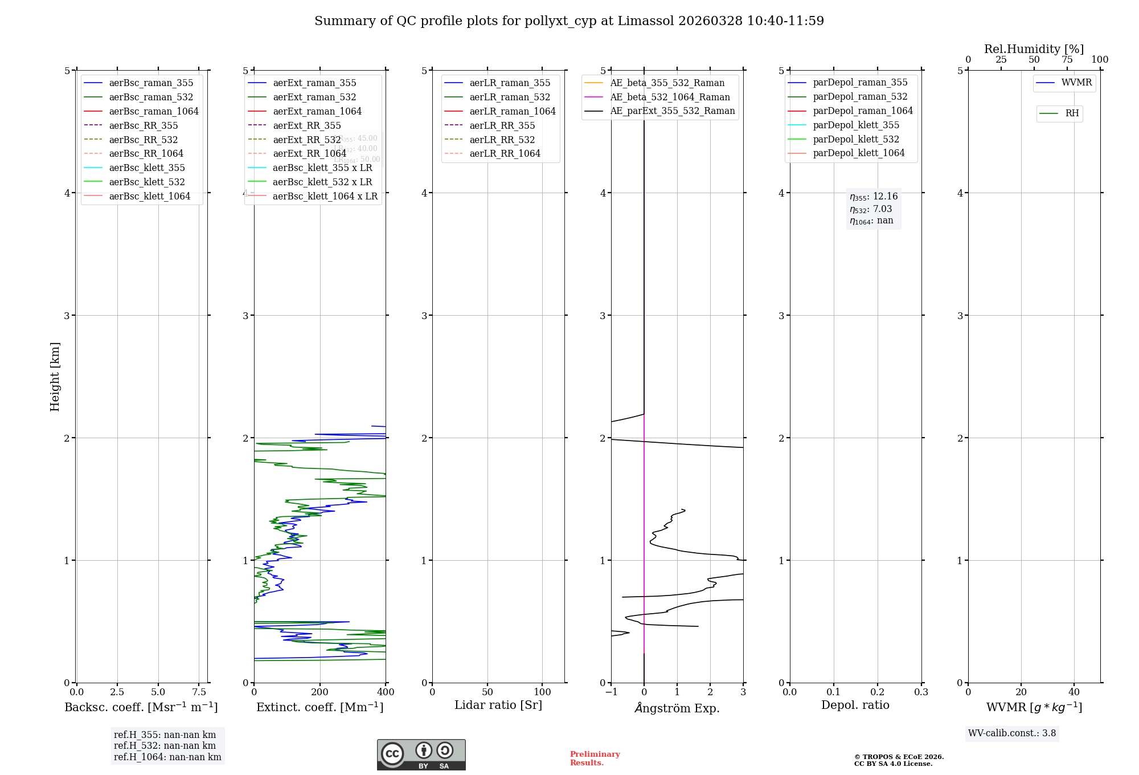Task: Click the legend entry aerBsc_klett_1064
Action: pos(149,196)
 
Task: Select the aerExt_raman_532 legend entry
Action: pos(314,97)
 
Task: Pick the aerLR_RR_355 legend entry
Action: pos(502,125)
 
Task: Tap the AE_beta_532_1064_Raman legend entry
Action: pos(670,97)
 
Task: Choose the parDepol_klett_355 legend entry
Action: pos(856,125)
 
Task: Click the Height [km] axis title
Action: pos(55,377)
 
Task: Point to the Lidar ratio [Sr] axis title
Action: pos(498,705)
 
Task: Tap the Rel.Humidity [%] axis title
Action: pos(1034,49)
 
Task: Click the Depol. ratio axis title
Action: pos(855,705)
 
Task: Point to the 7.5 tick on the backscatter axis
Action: pos(199,692)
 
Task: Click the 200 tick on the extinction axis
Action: pos(320,692)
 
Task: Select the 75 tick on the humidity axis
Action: pos(1067,60)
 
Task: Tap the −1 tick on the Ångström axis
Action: pos(611,692)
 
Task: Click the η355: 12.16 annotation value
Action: pos(874,197)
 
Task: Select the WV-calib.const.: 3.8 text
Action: pos(1012,733)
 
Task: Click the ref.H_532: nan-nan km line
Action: pos(165,745)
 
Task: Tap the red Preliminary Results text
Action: pos(595,758)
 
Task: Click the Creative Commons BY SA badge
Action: pos(421,754)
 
